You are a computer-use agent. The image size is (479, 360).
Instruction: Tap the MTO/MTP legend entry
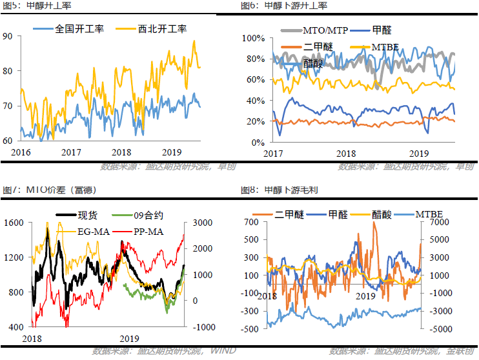click(315, 30)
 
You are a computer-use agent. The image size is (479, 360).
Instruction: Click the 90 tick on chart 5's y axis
click(8, 37)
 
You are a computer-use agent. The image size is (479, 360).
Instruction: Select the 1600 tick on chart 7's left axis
click(13, 223)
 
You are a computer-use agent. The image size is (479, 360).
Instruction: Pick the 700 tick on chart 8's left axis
click(250, 223)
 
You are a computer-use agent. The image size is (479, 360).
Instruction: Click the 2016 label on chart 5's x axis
click(21, 152)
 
